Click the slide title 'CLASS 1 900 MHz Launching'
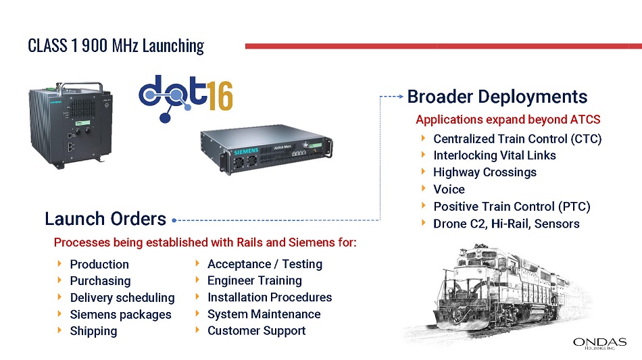[x=116, y=46]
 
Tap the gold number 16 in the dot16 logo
[x=221, y=96]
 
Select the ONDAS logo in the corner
[x=600, y=343]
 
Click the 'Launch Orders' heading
[x=105, y=219]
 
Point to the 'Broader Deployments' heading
[x=497, y=97]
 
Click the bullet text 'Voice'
[x=449, y=189]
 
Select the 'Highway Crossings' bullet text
[x=485, y=172]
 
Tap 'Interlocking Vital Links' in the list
[x=495, y=155]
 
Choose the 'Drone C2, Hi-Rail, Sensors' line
[x=506, y=224]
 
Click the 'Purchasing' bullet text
[x=100, y=281]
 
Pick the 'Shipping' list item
[x=93, y=331]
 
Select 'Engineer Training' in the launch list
[x=255, y=280]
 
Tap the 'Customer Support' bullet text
[x=257, y=330]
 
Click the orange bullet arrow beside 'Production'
[x=59, y=264]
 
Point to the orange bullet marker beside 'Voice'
[x=423, y=188]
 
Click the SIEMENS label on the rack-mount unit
[x=246, y=151]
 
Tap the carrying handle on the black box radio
[x=80, y=86]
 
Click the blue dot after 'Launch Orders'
[x=174, y=220]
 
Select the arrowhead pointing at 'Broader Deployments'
[x=401, y=97]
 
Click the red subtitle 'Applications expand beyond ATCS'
[x=508, y=120]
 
